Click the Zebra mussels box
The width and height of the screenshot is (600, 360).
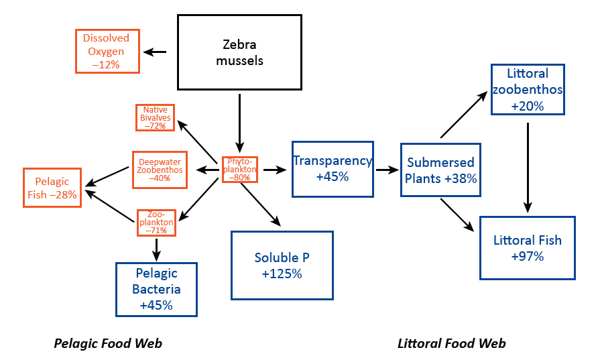point(239,52)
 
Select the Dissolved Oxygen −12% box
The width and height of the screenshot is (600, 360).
point(107,50)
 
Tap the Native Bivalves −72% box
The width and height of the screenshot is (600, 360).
point(155,117)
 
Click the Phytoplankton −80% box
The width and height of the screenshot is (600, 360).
point(239,170)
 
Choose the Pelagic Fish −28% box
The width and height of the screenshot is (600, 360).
point(52,188)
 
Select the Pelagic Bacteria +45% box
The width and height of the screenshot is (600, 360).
point(156,289)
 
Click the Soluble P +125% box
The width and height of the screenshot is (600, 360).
point(282,265)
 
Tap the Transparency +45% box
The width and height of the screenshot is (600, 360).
point(333,169)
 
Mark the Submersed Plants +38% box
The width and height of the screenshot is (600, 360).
point(440,170)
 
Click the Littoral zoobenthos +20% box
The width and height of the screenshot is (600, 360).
point(528,89)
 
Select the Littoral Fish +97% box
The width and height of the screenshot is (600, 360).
point(527,247)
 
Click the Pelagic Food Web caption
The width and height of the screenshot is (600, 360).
point(108,344)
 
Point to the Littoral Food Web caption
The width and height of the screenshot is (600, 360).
point(451,344)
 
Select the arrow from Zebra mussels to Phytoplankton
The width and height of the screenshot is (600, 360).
point(239,121)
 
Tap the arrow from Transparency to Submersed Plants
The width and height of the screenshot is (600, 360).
point(387,170)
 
